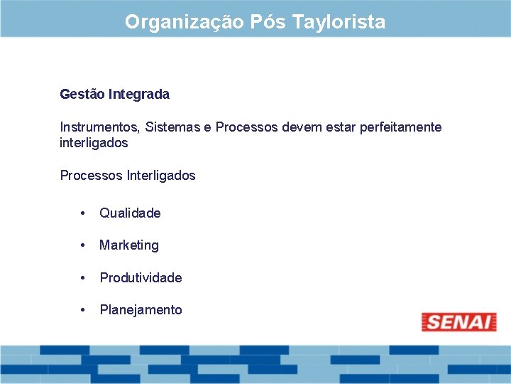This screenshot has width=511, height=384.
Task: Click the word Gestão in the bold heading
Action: (81, 94)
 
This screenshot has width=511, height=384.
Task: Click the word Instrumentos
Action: (99, 127)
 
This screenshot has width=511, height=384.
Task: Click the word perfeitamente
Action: (400, 127)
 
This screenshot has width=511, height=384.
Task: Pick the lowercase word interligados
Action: (94, 143)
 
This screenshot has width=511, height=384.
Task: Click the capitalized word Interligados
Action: (160, 175)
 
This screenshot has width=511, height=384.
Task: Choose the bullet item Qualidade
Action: (130, 213)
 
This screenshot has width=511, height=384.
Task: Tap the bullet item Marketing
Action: (129, 245)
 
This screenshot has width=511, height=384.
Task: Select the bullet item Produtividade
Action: (141, 278)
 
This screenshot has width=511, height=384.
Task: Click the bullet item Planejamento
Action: (141, 310)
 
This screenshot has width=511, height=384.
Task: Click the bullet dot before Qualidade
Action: (84, 213)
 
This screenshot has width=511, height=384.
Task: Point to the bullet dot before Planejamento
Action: (84, 309)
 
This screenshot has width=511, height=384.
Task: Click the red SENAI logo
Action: (458, 322)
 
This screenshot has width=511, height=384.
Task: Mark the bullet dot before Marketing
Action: (84, 245)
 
